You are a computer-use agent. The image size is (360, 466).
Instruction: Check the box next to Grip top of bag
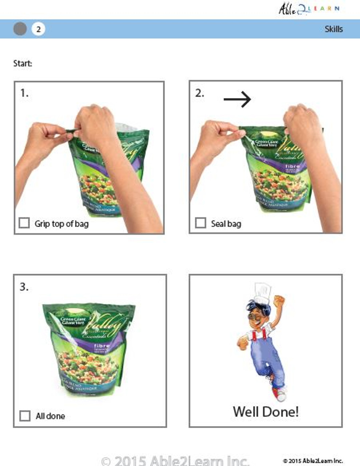tap(24, 223)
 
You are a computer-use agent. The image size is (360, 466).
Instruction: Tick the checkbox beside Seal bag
tap(200, 223)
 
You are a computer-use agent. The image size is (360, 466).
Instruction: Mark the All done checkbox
tap(25, 416)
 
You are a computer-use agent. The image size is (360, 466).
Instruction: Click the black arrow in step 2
tap(237, 99)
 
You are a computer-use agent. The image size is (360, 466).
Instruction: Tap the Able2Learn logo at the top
tap(309, 9)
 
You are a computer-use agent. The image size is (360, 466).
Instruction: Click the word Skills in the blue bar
tap(333, 29)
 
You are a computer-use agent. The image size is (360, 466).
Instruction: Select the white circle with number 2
tap(38, 29)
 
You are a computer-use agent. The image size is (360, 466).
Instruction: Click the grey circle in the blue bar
tap(20, 29)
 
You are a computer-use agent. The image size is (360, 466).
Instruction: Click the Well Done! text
tap(266, 412)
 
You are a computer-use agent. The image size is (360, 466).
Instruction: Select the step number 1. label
tap(24, 93)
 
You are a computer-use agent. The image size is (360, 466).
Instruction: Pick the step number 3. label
tap(24, 287)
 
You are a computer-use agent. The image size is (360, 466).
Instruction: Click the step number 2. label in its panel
tap(199, 93)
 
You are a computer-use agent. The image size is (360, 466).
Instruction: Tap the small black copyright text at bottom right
tap(313, 461)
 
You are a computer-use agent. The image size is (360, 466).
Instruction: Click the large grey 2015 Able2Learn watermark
tap(175, 461)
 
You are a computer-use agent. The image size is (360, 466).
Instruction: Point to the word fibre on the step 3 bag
tap(102, 345)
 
